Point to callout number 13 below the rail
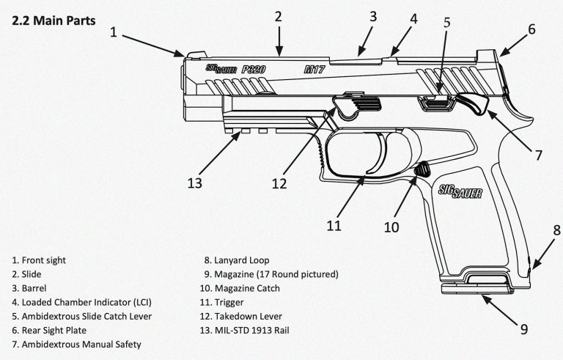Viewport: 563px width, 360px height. (195, 181)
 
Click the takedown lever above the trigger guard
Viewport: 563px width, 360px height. (352, 104)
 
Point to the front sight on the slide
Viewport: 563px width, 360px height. (194, 54)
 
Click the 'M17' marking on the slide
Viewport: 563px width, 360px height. (317, 70)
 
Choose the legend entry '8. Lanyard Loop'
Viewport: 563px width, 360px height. (237, 260)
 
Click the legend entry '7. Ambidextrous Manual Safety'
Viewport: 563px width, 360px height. (76, 343)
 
